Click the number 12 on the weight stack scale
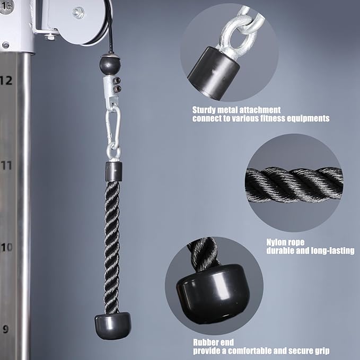pos(6,81)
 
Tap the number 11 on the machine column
pos(6,165)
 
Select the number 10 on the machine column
pos(6,247)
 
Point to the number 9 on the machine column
pos(5,329)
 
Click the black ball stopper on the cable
pos(110,65)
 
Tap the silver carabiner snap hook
pos(113,129)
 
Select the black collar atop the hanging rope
pos(113,171)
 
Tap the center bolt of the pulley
pos(78,12)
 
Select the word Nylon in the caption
pos(277,242)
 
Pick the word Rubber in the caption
pos(206,343)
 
